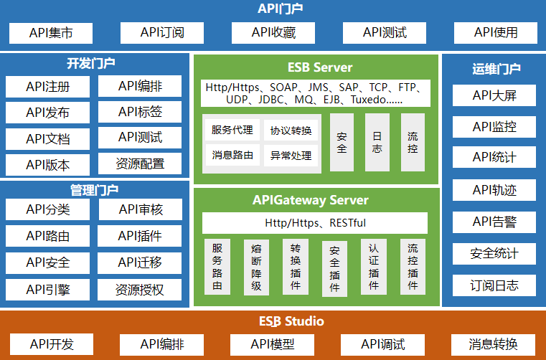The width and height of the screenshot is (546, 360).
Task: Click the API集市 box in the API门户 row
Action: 51,32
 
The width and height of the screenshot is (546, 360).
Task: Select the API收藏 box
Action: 273,32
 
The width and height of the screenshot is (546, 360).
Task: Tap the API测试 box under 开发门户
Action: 140,137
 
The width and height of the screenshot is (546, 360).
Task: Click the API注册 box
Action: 47,87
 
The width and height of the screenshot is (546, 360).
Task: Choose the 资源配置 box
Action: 140,164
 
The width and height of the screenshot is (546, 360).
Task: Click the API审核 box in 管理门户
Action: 140,209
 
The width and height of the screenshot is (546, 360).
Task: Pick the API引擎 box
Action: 47,290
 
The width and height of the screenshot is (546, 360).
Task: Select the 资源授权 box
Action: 140,290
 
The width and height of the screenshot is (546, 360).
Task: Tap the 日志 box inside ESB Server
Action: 377,142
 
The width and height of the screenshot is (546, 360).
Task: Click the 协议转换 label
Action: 291,131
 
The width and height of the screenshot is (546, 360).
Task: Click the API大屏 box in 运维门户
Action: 494,95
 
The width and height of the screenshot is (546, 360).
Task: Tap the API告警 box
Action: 494,222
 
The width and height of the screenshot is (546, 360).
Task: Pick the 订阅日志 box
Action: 494,285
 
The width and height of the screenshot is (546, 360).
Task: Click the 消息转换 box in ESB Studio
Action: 493,344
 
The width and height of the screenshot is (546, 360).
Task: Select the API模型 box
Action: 272,344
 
